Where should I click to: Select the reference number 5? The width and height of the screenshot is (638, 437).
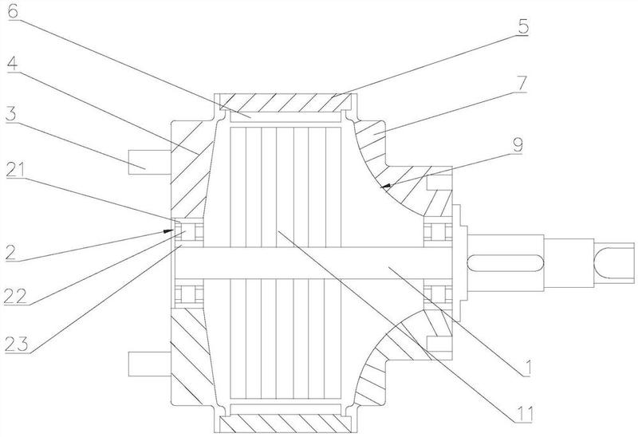pyautogui.click(x=522, y=24)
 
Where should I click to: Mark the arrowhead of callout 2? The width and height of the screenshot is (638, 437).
pyautogui.click(x=170, y=229)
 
